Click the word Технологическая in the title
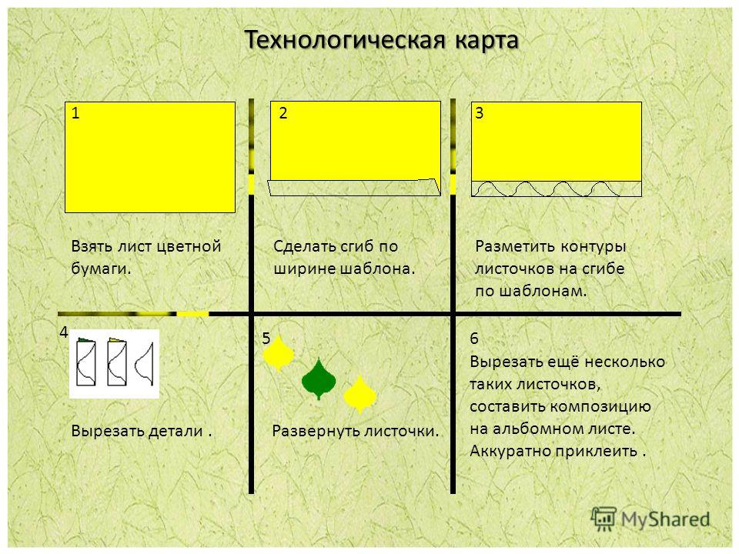[x=346, y=40]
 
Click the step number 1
[x=75, y=113]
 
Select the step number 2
[x=283, y=113]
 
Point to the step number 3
[x=480, y=113]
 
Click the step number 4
[x=64, y=332]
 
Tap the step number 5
[x=266, y=339]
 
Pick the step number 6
[x=474, y=339]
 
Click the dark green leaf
[x=319, y=379]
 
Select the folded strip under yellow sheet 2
[x=354, y=188]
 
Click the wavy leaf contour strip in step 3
[x=557, y=189]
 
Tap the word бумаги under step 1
[x=101, y=269]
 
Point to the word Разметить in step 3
[x=516, y=246]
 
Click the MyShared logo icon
[x=604, y=519]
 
